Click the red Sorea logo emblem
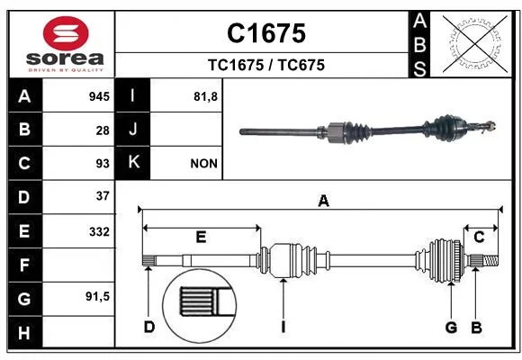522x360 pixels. [x=66, y=33]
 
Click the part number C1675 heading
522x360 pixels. [x=266, y=33]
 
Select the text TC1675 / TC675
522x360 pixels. [x=266, y=65]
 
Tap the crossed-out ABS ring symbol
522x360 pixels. [x=474, y=43]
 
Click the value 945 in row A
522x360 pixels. [x=99, y=96]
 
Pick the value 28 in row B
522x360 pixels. [x=103, y=130]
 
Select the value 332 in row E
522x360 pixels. [x=99, y=231]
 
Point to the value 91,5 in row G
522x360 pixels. [x=97, y=296]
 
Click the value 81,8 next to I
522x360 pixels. [x=205, y=97]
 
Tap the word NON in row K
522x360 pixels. [x=203, y=164]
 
